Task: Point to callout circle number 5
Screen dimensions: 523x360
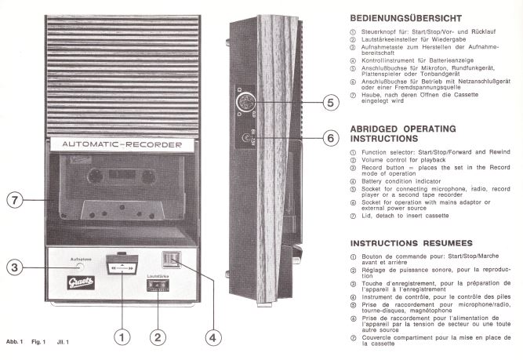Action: pyautogui.click(x=329, y=103)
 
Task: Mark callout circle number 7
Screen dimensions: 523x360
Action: pyautogui.click(x=16, y=199)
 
